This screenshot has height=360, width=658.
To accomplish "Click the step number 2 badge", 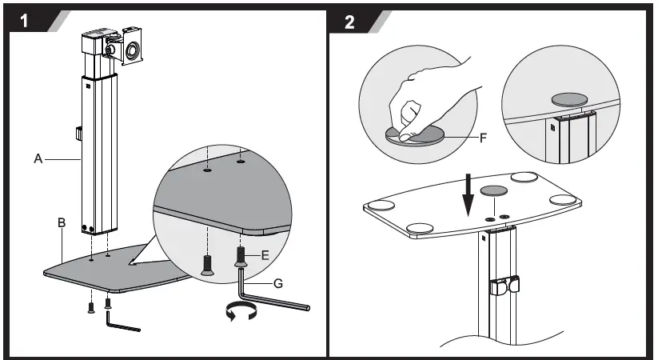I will (x=350, y=21).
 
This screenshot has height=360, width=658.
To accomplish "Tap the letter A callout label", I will (x=38, y=159).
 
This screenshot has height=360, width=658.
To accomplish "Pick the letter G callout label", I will (x=277, y=283).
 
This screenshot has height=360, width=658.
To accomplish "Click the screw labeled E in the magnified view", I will (x=241, y=257).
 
